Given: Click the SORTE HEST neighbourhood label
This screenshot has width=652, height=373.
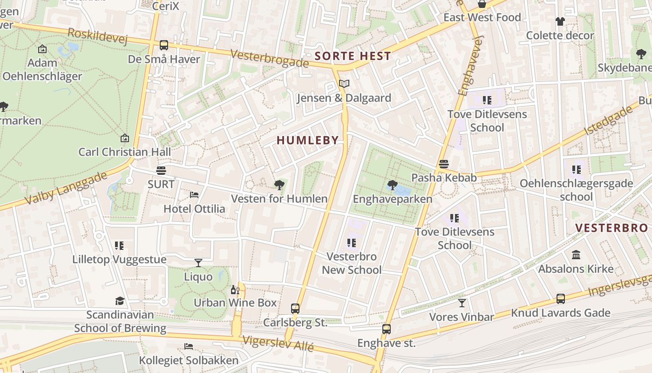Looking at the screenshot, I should point(353,56).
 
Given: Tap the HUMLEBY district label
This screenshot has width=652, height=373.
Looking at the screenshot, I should point(307,140).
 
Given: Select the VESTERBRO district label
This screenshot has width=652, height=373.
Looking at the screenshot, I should point(611,228).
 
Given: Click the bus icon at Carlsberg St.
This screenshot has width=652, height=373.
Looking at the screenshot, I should point(295,309).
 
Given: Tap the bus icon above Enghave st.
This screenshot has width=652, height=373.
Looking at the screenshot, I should point(386,329).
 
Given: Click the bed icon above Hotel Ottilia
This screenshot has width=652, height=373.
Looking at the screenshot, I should point(194,194).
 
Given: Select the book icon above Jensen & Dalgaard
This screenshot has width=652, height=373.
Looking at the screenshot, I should point(344,84).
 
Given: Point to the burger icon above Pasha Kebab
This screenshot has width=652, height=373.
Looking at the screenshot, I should point(443,164).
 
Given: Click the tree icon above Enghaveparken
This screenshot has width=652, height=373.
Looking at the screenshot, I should point(392,185).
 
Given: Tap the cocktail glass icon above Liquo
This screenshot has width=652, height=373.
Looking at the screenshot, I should point(198,263).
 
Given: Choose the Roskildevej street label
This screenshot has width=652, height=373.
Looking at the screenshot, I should point(97,36).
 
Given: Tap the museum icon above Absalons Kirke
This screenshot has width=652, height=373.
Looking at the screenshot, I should point(576,255).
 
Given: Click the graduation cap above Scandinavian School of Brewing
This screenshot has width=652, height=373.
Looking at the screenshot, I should point(120,301).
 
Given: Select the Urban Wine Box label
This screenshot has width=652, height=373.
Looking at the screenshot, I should point(235,303).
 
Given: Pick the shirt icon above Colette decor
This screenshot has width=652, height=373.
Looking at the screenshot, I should point(560,21).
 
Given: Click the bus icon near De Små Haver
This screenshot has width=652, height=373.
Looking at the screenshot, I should point(163,45).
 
